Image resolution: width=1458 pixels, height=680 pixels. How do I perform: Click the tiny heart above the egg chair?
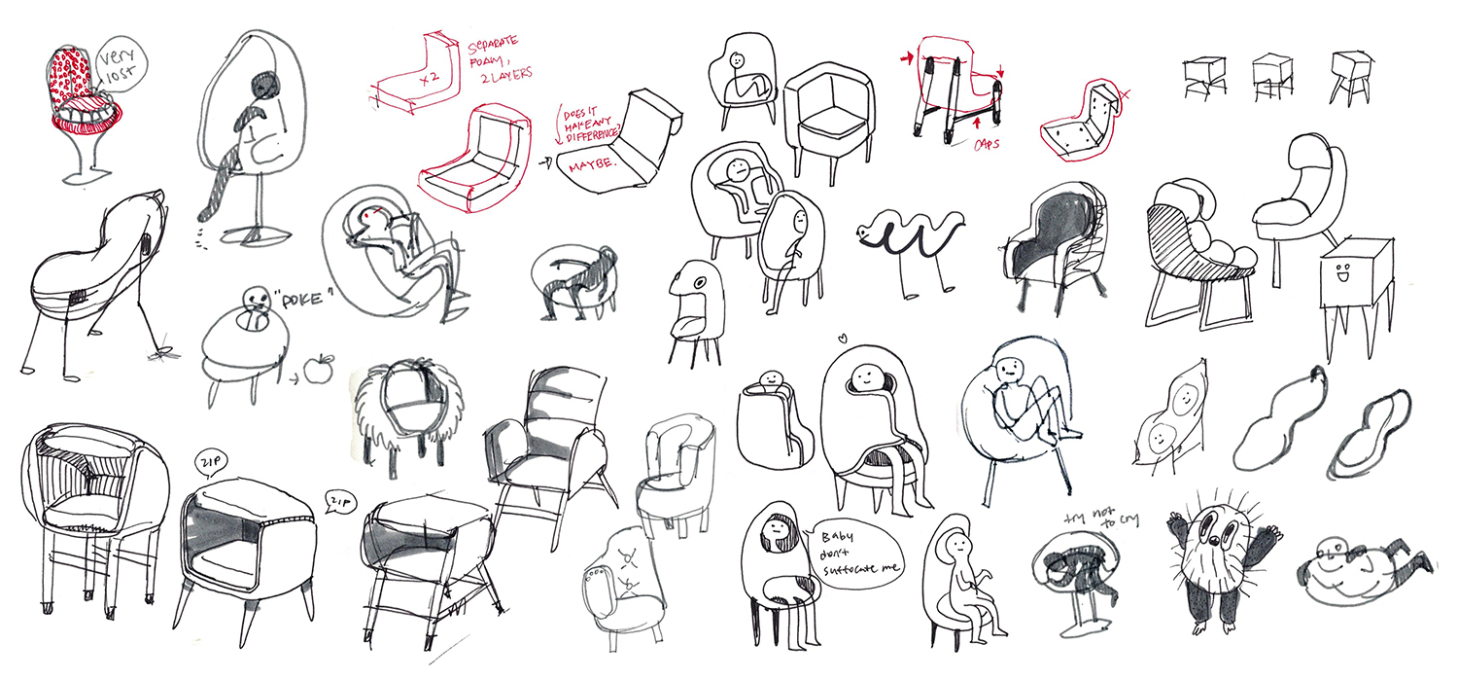click(x=843, y=339)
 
